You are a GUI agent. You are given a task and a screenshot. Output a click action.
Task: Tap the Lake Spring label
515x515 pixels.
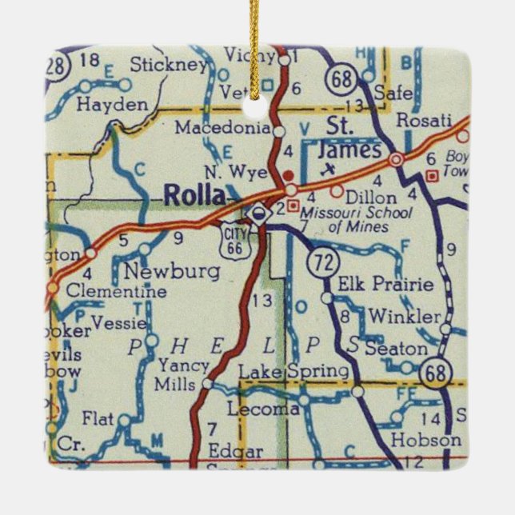click(x=294, y=372)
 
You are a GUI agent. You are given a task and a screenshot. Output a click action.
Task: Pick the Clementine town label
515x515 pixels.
click(x=115, y=292)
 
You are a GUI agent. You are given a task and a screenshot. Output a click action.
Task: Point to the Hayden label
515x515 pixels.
click(x=113, y=105)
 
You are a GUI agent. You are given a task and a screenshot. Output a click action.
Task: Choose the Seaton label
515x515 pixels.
click(x=396, y=349)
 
